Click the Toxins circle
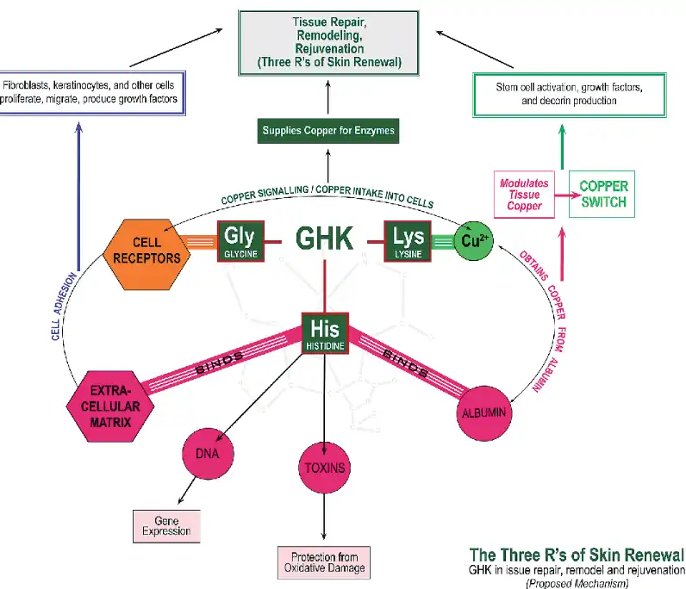(x=323, y=468)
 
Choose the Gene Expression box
(x=166, y=526)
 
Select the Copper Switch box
(x=602, y=197)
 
